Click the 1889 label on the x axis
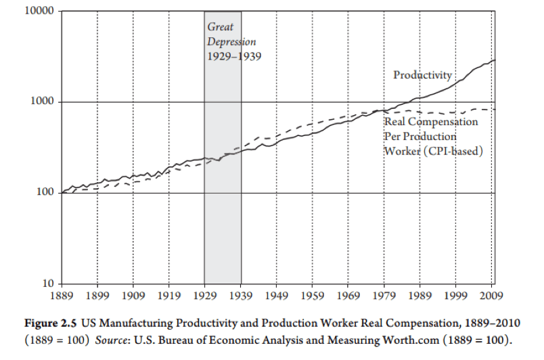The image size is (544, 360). pos(62,296)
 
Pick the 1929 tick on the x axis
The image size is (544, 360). pos(205,296)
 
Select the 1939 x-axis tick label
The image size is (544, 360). pos(241,296)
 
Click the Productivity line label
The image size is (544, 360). pos(422,75)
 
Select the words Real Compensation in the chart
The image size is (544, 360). pos(431,122)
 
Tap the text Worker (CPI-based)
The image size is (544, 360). pos(434,150)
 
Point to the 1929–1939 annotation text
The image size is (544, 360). pos(233,56)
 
